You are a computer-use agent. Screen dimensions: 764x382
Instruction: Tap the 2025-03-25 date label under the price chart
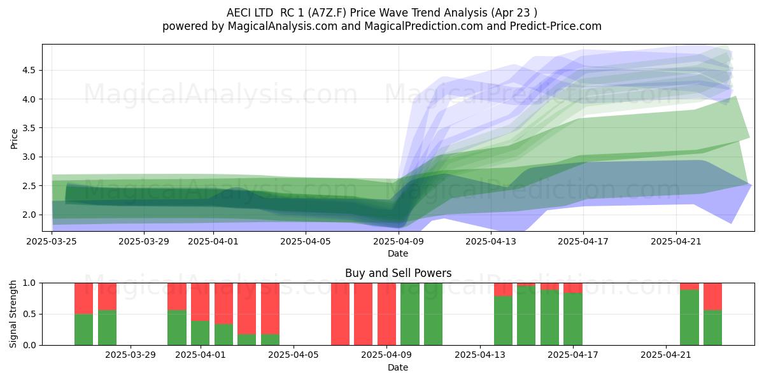click(52, 241)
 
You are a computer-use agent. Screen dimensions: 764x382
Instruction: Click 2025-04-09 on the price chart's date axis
click(399, 241)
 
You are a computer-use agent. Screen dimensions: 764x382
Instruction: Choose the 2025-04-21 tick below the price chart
click(676, 241)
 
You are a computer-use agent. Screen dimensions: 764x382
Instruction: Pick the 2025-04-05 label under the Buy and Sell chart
click(294, 355)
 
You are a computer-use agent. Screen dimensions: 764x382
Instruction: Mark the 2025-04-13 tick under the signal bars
click(480, 355)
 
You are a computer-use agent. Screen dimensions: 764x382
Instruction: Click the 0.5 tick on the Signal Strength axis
click(29, 314)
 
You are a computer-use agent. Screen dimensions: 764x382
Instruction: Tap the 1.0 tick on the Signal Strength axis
click(29, 283)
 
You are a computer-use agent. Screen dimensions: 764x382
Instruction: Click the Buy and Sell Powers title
click(398, 273)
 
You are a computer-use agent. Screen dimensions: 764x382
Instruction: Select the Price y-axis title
click(14, 139)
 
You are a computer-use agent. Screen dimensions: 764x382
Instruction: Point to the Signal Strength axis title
click(13, 314)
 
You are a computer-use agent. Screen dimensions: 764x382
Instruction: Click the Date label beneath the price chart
click(398, 253)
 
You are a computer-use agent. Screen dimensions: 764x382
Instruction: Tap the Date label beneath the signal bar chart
click(398, 367)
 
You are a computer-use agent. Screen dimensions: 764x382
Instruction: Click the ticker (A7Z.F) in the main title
click(327, 13)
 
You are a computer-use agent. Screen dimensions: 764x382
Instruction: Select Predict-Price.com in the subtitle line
click(556, 26)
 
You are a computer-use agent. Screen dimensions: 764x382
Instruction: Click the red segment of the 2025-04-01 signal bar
click(200, 302)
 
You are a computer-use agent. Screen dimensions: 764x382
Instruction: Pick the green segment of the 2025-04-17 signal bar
click(573, 319)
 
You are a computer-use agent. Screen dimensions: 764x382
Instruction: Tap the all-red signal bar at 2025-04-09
click(387, 314)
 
